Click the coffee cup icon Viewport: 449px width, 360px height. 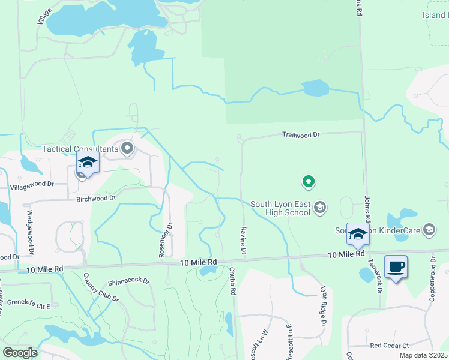point(396,266)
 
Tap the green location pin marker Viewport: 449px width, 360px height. point(308,181)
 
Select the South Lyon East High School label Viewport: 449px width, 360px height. point(280,208)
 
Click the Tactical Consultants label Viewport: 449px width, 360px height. point(79,149)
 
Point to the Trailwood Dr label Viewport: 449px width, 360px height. point(301,136)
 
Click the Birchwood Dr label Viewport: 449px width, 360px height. point(96,198)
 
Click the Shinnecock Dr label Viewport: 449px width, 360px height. point(128,282)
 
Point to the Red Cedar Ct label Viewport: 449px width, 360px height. point(389,346)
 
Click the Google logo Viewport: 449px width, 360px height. point(20,353)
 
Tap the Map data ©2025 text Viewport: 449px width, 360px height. point(424,355)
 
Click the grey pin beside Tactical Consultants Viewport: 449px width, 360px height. point(127,148)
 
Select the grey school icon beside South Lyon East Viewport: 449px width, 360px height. point(320,208)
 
